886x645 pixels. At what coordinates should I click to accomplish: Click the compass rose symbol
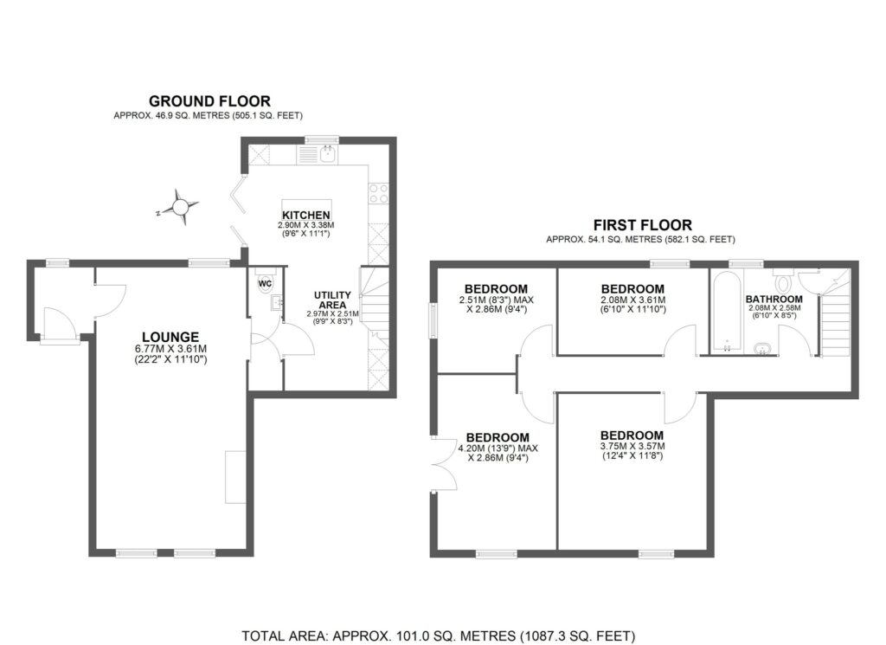180,208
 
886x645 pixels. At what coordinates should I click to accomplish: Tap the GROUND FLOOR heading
209,101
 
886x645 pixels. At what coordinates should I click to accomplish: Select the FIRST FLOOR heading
643,225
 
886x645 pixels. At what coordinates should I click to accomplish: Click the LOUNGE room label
170,338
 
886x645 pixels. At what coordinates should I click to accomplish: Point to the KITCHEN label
306,215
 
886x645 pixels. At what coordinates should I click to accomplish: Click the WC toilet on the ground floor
265,282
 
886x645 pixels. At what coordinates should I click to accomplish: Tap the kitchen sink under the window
327,153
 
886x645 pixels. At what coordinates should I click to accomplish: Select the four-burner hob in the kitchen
378,194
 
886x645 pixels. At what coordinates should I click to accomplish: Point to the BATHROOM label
774,299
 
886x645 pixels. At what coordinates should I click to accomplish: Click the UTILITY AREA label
332,300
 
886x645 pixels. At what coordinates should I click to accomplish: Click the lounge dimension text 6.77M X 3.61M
170,349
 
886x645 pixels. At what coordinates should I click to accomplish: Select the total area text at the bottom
439,635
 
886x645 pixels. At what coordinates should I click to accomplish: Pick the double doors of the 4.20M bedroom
444,465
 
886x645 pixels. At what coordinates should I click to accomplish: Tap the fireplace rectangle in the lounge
235,476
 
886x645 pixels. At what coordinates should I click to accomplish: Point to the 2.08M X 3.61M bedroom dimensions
632,300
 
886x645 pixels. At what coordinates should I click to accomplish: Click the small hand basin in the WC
277,303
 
